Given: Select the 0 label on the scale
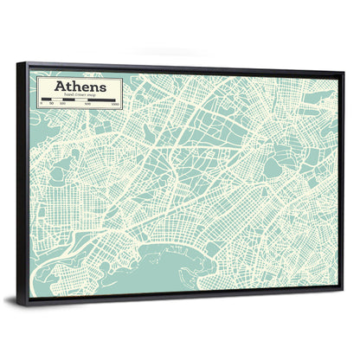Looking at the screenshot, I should coord(43,108).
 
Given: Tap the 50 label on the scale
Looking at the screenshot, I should coord(51,108).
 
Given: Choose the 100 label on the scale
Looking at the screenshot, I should coord(63,108).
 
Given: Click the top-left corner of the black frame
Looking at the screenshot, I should coord(25,62).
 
